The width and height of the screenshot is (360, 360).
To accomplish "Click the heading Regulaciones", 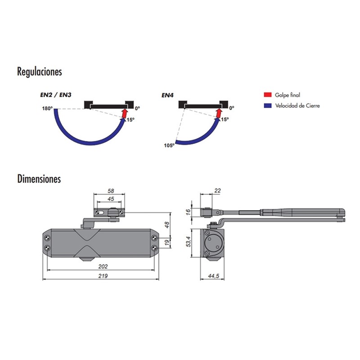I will click(39, 72).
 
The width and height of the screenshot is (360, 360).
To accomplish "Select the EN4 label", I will click(168, 95).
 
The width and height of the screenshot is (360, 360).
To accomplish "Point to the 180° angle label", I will click(47, 108).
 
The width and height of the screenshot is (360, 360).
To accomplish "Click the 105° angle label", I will click(169, 145).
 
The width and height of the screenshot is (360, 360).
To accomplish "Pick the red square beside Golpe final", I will click(268, 95).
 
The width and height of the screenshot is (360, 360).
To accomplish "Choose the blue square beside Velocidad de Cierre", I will click(268, 106).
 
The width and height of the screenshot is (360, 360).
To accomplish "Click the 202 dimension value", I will click(103, 266).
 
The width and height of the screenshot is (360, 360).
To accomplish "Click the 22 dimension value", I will click(217, 191).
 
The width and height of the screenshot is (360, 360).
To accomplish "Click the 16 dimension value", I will click(189, 212).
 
